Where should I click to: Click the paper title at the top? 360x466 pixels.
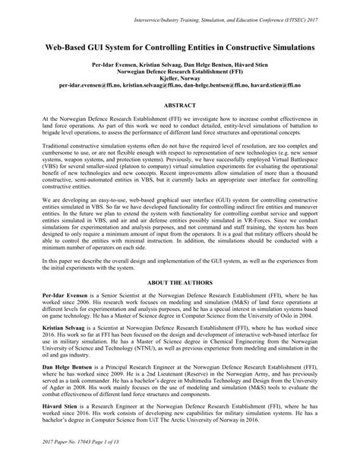[x=179, y=47]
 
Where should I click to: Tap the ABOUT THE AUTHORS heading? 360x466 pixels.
[x=179, y=282]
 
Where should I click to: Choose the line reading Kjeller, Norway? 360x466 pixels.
[x=179, y=78]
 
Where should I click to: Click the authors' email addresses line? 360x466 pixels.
[x=179, y=84]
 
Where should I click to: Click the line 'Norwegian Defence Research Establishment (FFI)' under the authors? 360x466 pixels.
[x=179, y=71]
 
